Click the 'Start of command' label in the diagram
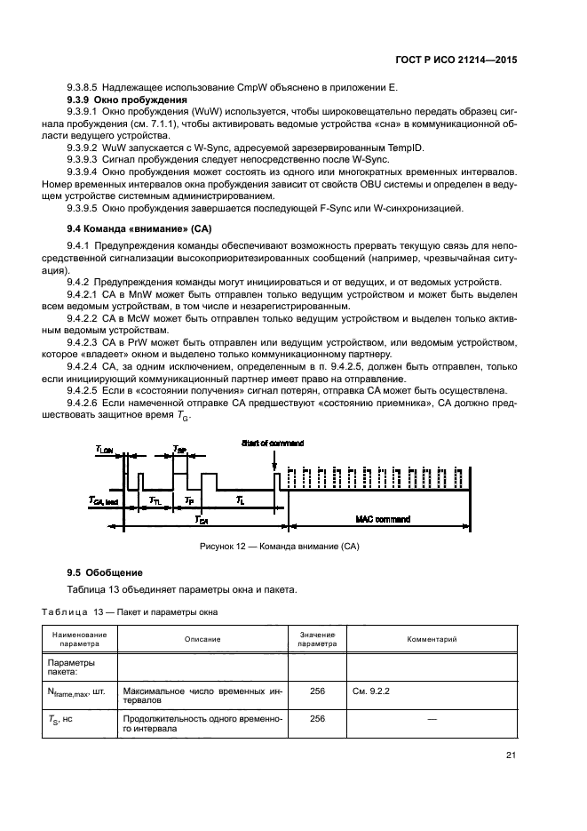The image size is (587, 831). (x=273, y=443)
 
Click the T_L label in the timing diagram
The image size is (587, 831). (x=240, y=502)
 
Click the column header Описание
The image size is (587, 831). (x=202, y=639)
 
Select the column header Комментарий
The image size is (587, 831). (x=432, y=639)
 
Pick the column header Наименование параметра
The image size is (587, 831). (x=80, y=639)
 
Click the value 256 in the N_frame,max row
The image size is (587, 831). (x=317, y=691)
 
